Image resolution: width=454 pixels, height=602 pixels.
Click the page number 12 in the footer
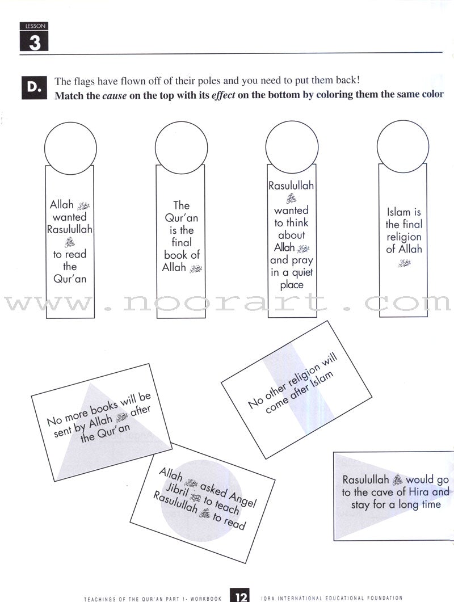click(239, 596)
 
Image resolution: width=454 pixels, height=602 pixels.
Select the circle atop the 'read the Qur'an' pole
click(70, 145)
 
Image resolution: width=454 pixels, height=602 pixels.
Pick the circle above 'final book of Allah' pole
click(180, 145)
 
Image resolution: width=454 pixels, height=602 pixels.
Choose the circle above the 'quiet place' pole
click(292, 145)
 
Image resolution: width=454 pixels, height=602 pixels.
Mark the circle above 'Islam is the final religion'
click(403, 145)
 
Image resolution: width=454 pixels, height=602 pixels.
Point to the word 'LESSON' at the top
click(34, 26)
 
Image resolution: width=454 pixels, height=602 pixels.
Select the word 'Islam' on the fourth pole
click(397, 212)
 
